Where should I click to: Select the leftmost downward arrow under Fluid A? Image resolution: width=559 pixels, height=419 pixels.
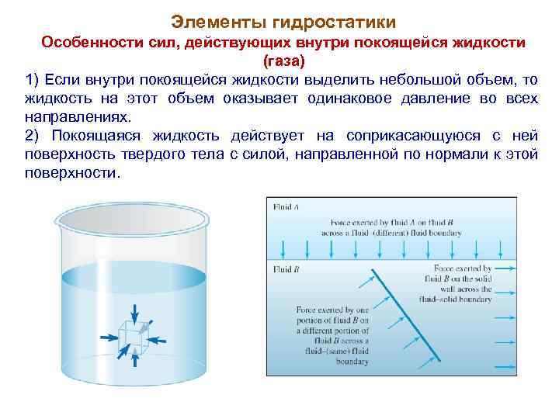[x=285, y=248]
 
